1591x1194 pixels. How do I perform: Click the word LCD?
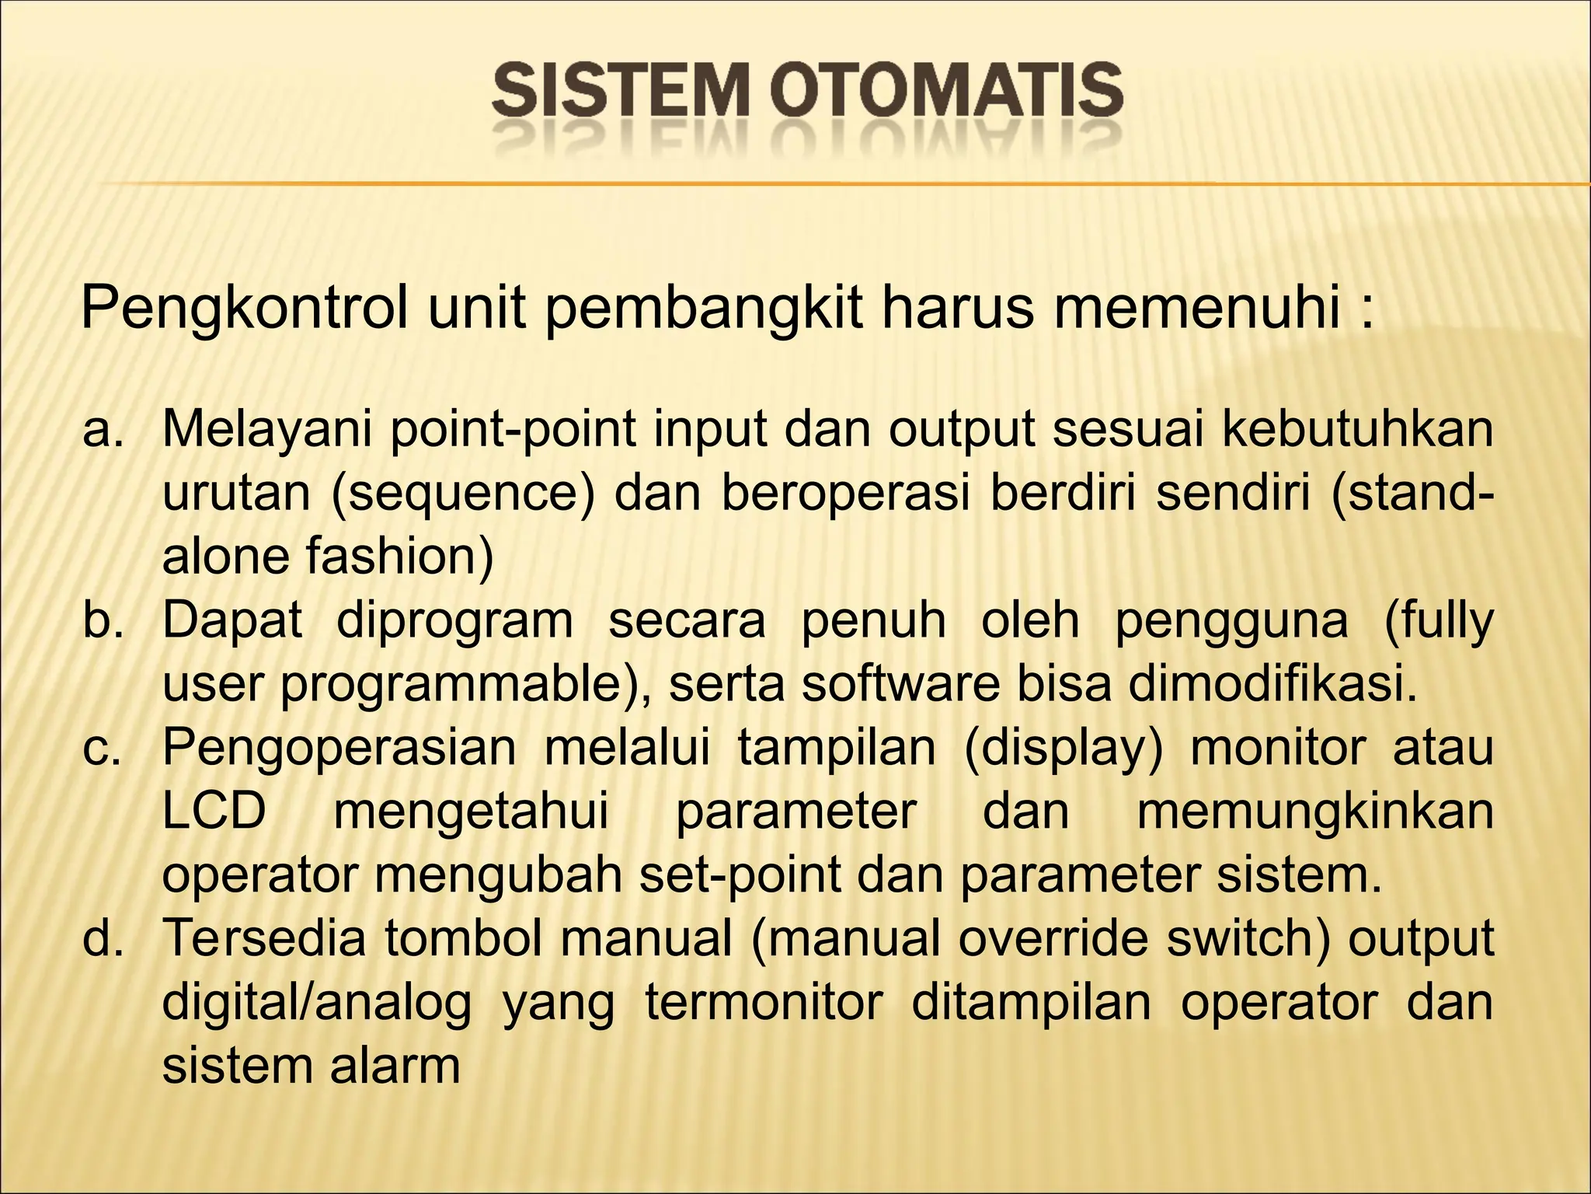tap(214, 812)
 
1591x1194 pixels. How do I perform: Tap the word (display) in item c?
tap(1064, 749)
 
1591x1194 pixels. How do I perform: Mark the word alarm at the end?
tap(395, 1066)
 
